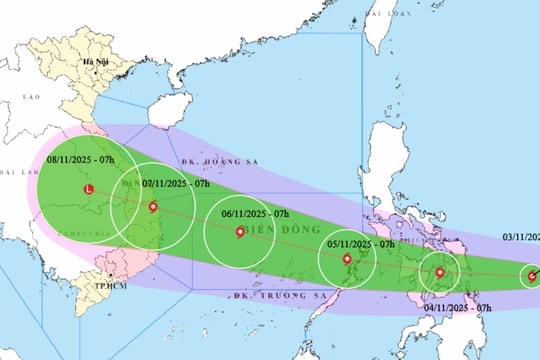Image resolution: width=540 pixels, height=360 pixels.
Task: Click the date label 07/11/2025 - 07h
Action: [x=174, y=184]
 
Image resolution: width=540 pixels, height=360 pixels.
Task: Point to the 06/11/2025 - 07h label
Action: [x=254, y=214]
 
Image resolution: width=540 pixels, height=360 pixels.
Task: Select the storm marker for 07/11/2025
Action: [x=152, y=207]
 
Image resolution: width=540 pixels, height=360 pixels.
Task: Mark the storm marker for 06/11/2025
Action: [x=239, y=233]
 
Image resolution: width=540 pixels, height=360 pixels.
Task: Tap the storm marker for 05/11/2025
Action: [x=348, y=260]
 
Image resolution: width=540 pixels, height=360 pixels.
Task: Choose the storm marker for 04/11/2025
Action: [x=439, y=272]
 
